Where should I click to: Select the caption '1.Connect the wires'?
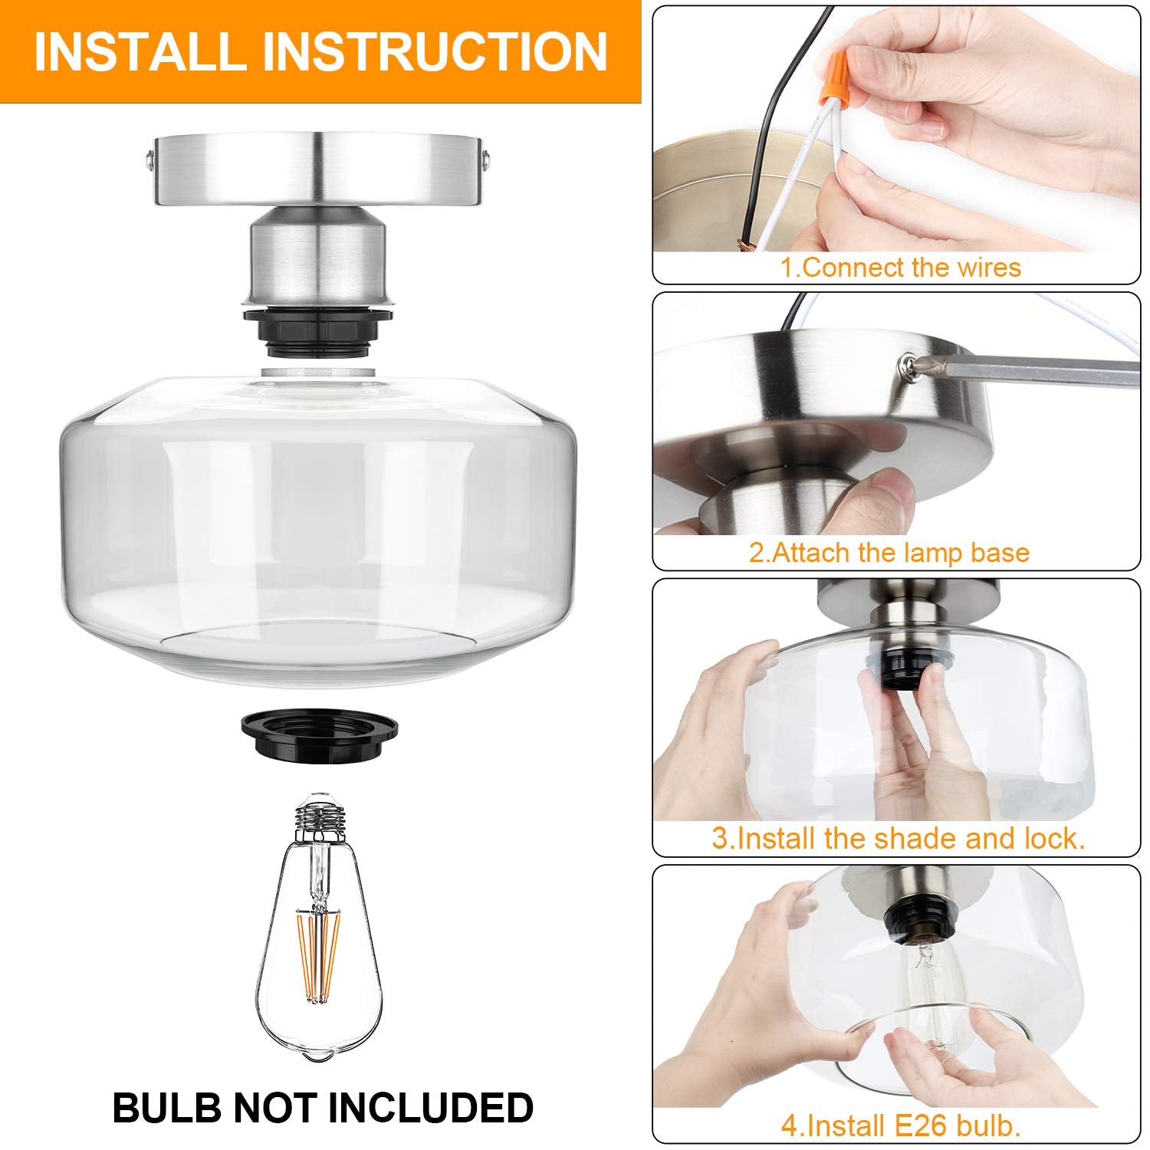(x=900, y=268)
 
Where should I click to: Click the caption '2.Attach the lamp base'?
(x=889, y=553)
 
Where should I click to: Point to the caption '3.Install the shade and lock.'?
(x=898, y=838)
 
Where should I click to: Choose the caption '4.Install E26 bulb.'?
(x=900, y=1125)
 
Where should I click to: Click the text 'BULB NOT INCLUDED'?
(x=323, y=1107)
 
